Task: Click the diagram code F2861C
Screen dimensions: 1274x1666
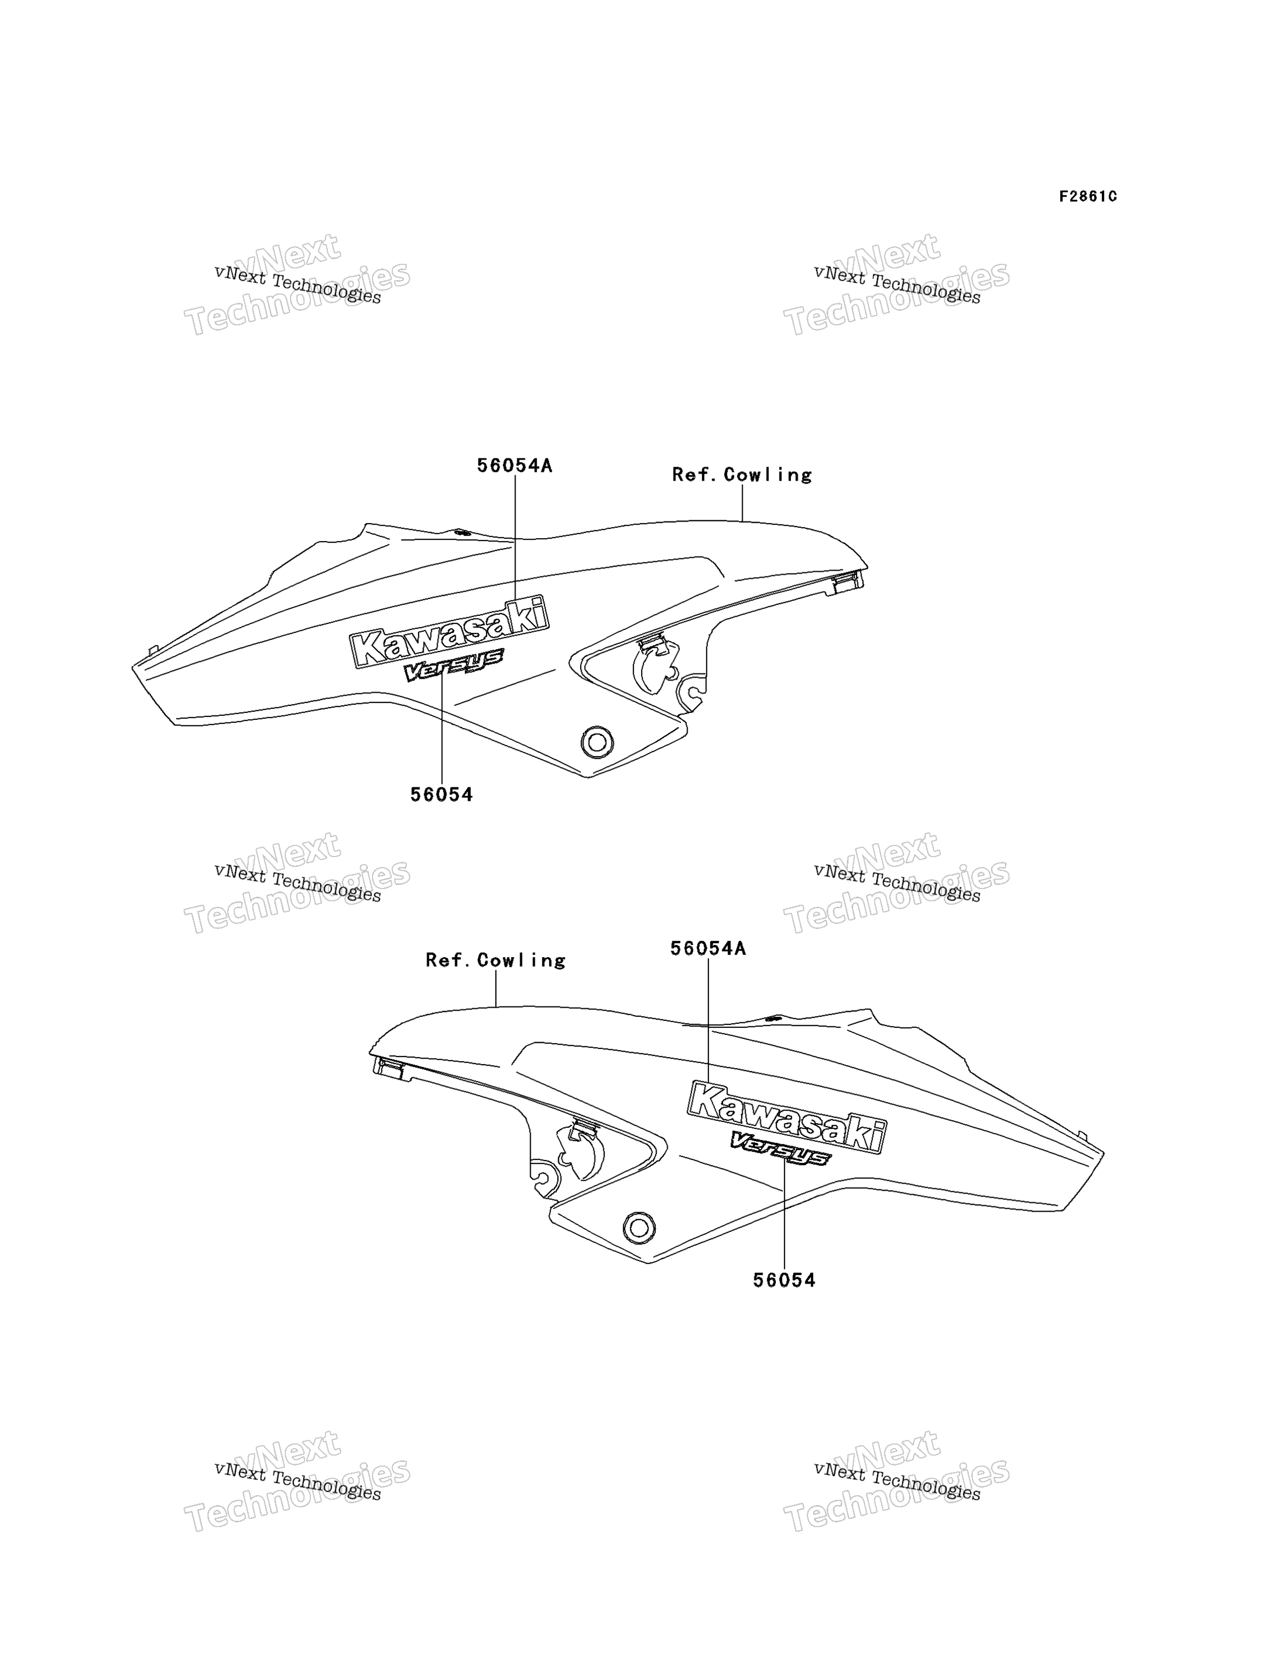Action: click(1087, 196)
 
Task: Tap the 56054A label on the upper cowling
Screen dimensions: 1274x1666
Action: click(514, 465)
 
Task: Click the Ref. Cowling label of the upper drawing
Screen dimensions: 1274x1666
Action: click(742, 475)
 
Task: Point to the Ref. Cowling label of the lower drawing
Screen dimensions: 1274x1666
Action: click(495, 960)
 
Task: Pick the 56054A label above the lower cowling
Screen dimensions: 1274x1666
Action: click(707, 948)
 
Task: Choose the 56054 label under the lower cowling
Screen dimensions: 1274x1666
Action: click(784, 1280)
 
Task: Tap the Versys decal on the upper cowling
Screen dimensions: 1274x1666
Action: click(453, 664)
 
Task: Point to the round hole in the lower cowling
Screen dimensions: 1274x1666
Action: click(639, 1227)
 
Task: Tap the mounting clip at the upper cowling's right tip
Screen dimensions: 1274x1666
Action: click(848, 582)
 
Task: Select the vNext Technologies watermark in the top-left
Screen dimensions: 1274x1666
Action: click(297, 284)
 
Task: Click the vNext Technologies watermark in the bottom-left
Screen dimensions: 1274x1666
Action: click(297, 1481)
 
